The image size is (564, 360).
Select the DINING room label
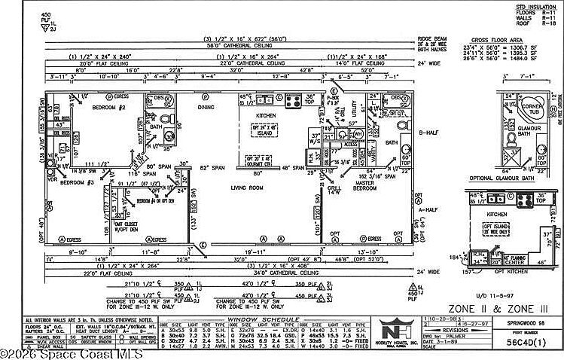(206, 108)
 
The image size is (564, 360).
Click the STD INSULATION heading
(537, 6)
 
